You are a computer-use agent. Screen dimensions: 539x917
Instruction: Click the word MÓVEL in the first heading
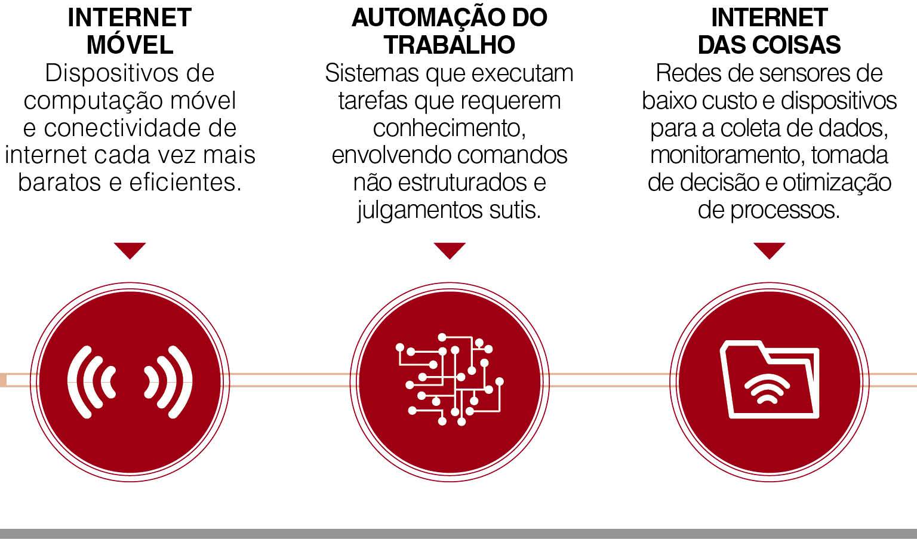pyautogui.click(x=130, y=45)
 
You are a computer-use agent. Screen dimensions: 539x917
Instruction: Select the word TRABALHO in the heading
pyautogui.click(x=449, y=45)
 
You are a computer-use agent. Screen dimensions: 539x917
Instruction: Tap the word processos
pyautogui.click(x=784, y=210)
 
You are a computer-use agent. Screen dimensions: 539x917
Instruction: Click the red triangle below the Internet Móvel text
pyautogui.click(x=130, y=249)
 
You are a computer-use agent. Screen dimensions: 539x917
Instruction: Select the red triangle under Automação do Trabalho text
pyautogui.click(x=449, y=249)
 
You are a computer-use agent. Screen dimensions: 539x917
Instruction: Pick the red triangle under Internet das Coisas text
pyautogui.click(x=769, y=249)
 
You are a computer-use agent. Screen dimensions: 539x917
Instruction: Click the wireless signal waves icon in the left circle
pyautogui.click(x=130, y=381)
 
